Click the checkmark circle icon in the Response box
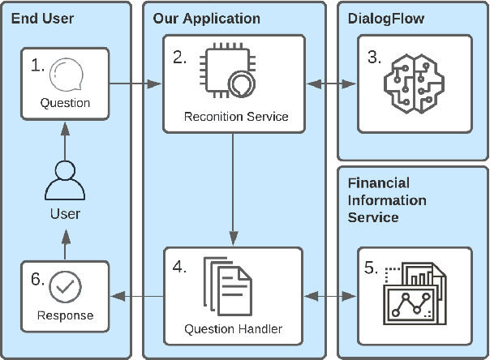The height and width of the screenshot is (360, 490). [65, 287]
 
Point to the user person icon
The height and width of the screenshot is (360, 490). [65, 183]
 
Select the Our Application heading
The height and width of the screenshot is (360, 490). [207, 17]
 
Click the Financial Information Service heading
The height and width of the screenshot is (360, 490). [388, 199]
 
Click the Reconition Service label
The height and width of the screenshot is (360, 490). [236, 116]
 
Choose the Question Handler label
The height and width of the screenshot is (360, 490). [233, 329]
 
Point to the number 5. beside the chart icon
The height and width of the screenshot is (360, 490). [372, 268]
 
